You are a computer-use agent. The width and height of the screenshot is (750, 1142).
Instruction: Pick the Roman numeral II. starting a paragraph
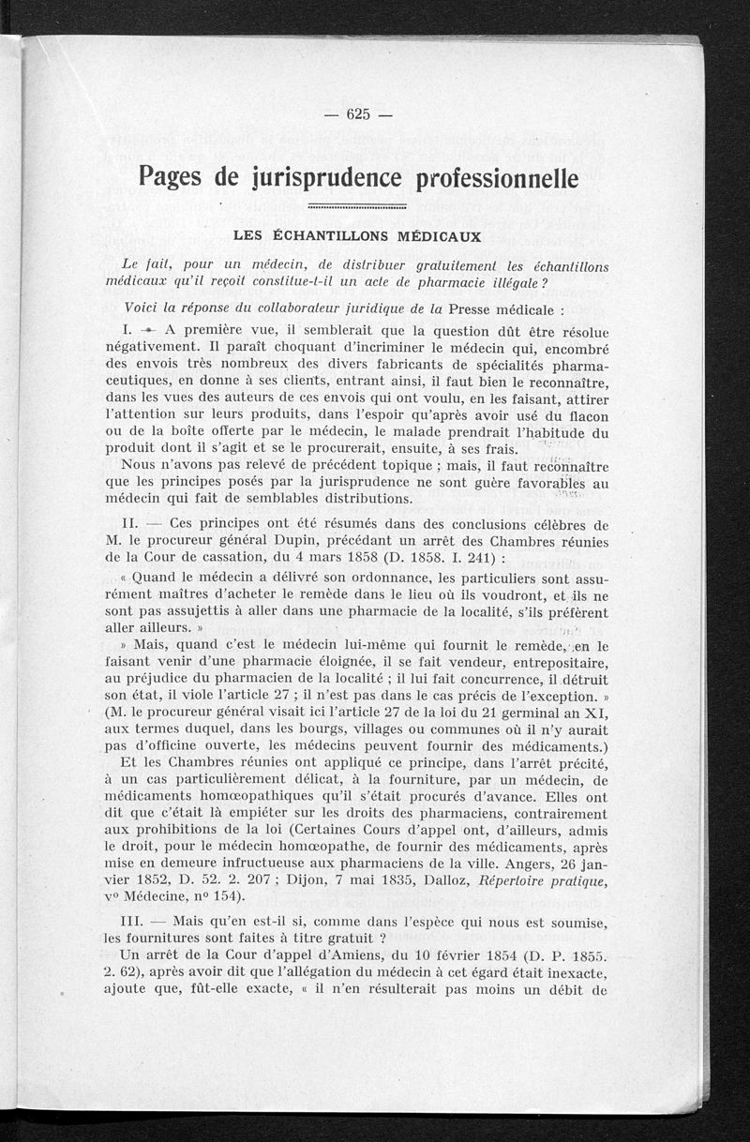tap(132, 523)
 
